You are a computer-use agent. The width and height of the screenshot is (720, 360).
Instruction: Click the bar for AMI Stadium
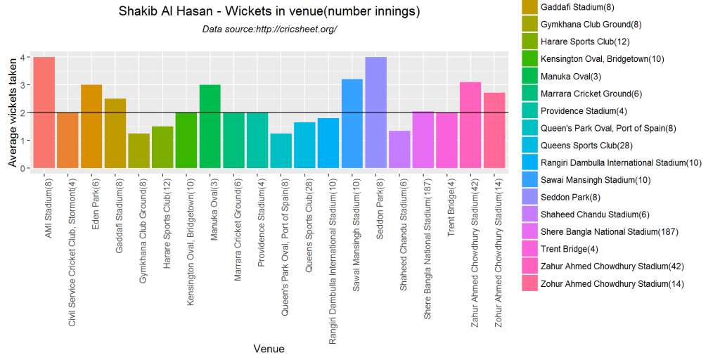click(x=44, y=112)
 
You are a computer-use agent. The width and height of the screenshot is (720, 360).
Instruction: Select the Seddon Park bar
click(x=375, y=112)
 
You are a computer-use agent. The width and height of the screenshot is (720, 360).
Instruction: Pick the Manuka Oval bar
click(x=210, y=127)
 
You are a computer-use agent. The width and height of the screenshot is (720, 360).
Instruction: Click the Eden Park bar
click(x=91, y=127)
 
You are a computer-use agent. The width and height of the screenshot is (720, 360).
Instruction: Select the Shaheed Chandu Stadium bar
click(x=399, y=150)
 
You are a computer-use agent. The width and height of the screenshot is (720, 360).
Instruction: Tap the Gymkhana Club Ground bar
click(x=139, y=151)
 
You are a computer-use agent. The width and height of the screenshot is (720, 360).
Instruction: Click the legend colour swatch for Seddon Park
click(x=529, y=198)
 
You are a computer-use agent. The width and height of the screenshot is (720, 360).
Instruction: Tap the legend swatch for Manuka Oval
click(x=529, y=77)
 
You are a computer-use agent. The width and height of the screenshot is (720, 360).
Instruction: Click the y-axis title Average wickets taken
click(x=12, y=112)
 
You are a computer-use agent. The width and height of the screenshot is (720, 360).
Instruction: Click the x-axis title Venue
click(x=269, y=348)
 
